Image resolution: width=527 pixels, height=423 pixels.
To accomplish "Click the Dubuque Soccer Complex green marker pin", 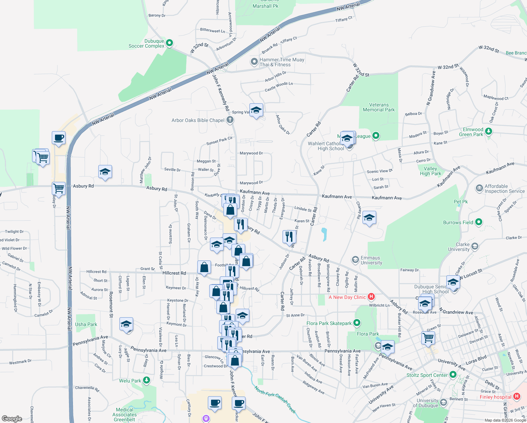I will click(x=169, y=43).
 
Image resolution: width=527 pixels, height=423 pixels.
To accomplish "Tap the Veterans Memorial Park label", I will click(x=379, y=108).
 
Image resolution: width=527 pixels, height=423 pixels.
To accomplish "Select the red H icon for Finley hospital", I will click(x=517, y=397).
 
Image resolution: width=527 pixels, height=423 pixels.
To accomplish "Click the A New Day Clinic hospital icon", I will click(x=371, y=297).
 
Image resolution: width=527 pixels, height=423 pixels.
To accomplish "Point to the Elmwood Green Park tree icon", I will click(x=488, y=131).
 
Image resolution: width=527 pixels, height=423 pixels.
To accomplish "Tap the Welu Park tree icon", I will click(x=147, y=380).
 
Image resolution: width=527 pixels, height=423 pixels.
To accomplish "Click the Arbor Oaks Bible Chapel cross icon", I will click(x=230, y=120).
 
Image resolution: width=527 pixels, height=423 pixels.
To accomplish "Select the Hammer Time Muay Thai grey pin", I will click(x=254, y=62).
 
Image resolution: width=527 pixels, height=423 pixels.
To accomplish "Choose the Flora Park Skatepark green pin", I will click(x=357, y=323).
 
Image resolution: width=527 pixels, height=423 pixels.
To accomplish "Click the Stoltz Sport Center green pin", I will click(x=453, y=375).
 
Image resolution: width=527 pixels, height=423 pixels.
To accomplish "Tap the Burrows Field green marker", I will click(x=478, y=222).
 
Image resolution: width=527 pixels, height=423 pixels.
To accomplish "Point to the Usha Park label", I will click(x=86, y=324).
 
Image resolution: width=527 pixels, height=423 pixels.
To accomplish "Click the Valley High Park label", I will click(x=430, y=171).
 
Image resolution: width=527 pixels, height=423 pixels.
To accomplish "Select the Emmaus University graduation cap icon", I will click(x=355, y=260).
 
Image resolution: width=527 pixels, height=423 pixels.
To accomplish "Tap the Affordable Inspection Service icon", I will click(x=479, y=188).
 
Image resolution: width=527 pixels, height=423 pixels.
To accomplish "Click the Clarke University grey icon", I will click(x=475, y=246).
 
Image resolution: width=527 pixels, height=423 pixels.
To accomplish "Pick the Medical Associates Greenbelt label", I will click(x=124, y=415).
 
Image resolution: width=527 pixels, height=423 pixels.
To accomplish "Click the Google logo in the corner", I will click(x=12, y=418).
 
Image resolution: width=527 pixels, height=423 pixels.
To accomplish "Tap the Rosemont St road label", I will click(x=111, y=305).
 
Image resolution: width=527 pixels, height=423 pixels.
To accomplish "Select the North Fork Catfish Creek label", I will click(x=275, y=400).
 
